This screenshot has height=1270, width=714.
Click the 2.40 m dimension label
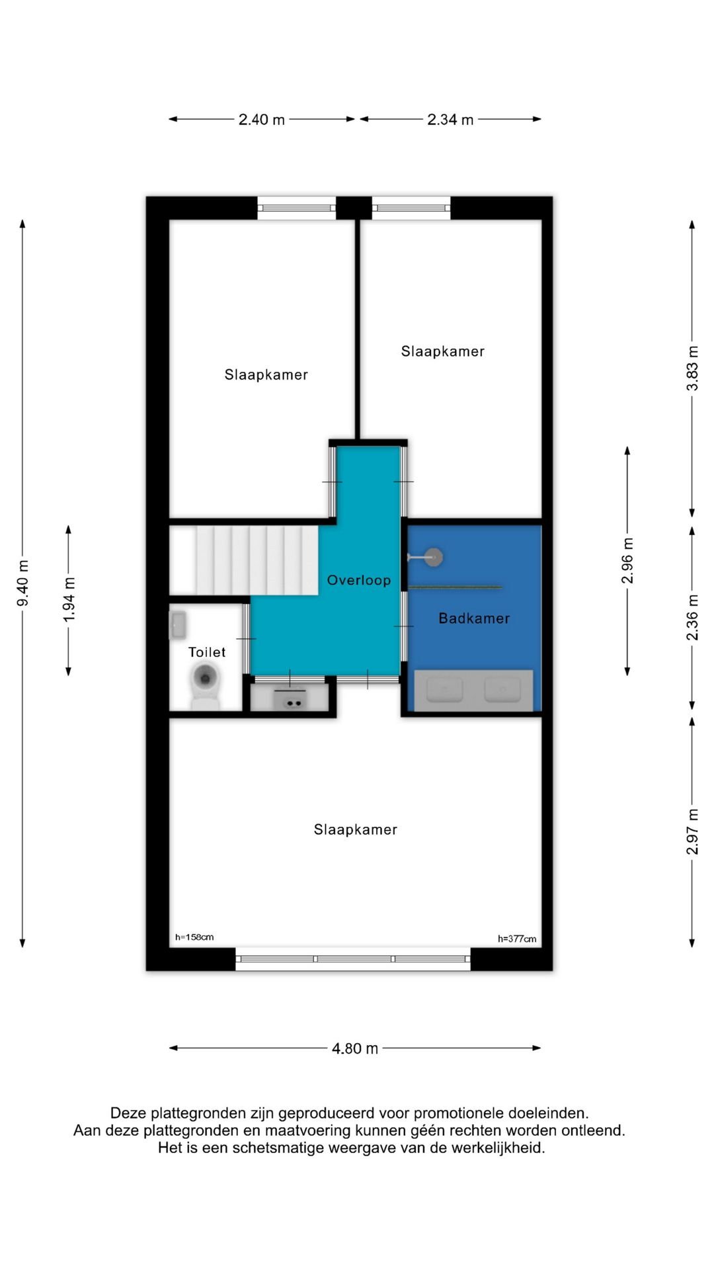tap(261, 120)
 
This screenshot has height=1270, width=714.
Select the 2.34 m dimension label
tap(450, 120)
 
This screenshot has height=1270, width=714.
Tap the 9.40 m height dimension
tap(22, 583)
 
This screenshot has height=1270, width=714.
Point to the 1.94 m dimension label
tap(69, 599)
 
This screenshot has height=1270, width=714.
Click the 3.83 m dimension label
tap(692, 368)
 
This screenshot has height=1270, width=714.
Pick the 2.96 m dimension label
tap(627, 561)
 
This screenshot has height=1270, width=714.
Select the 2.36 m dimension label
tap(692, 617)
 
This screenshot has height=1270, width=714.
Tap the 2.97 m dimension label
tap(692, 831)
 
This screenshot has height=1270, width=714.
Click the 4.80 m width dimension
tap(355, 1048)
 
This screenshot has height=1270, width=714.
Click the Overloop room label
tap(359, 580)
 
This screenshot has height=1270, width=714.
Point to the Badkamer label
tap(474, 618)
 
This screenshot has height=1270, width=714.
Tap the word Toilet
tap(207, 652)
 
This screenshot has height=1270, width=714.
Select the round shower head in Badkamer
tap(434, 557)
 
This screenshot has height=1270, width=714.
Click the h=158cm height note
tap(194, 937)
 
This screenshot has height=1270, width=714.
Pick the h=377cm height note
tap(517, 939)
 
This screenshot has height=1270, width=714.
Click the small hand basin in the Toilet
tap(178, 624)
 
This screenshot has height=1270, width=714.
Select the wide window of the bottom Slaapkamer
tap(353, 958)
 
